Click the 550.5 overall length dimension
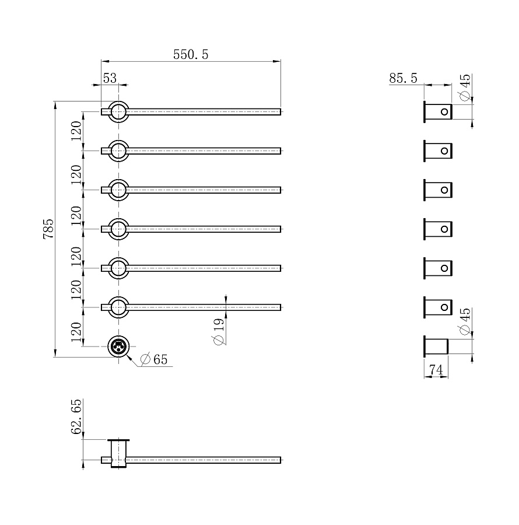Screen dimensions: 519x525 click(x=191, y=55)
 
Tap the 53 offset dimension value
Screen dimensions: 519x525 click(x=110, y=78)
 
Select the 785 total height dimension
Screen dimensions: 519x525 click(x=48, y=229)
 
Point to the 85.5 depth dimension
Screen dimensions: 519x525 click(x=403, y=78)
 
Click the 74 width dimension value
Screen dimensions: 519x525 click(x=436, y=370)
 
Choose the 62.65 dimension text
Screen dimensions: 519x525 click(x=76, y=416)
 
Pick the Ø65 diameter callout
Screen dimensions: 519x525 click(x=153, y=359)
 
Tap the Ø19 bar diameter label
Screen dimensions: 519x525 click(x=218, y=331)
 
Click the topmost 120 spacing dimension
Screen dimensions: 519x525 click(x=76, y=131)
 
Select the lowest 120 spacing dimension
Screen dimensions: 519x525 click(x=76, y=332)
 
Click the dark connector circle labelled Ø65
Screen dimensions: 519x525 click(x=118, y=346)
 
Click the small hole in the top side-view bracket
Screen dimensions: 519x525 click(x=444, y=111)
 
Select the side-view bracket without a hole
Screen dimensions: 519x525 click(x=436, y=346)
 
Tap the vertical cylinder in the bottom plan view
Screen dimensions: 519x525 click(x=118, y=453)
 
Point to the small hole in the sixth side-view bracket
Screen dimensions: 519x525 click(x=444, y=307)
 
